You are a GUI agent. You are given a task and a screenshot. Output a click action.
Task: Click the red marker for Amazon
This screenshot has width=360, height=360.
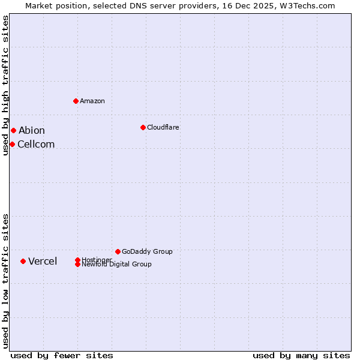pyautogui.click(x=76, y=101)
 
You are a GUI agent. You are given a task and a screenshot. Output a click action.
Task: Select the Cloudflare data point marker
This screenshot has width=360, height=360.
pyautogui.click(x=143, y=127)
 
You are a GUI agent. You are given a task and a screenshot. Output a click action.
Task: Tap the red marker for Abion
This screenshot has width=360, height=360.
pyautogui.click(x=13, y=130)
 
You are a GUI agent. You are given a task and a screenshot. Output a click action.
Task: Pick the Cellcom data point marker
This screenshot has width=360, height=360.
pyautogui.click(x=12, y=144)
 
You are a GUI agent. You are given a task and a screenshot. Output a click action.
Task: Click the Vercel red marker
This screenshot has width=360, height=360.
pyautogui.click(x=23, y=261)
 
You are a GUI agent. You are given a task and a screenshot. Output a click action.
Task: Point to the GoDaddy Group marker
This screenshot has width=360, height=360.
pyautogui.click(x=118, y=251)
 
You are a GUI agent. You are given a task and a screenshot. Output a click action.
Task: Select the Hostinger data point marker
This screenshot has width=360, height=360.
pyautogui.click(x=77, y=260)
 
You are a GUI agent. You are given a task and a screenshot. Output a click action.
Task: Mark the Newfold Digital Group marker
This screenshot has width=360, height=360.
pyautogui.click(x=77, y=264)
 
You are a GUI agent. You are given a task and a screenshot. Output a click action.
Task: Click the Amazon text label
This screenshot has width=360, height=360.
pyautogui.click(x=92, y=101)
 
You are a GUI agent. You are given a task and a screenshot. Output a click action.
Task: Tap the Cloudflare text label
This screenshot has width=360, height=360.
pyautogui.click(x=163, y=127)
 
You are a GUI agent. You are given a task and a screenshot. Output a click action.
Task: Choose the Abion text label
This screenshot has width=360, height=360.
pyautogui.click(x=32, y=130)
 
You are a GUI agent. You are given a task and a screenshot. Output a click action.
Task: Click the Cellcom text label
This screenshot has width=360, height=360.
pyautogui.click(x=36, y=144)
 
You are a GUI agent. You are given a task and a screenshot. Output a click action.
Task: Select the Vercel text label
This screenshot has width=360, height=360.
pyautogui.click(x=43, y=261)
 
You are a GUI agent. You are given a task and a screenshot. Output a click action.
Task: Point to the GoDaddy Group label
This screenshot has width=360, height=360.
pyautogui.click(x=147, y=251)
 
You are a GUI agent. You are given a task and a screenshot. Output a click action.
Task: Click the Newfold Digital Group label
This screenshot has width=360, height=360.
pyautogui.click(x=117, y=265)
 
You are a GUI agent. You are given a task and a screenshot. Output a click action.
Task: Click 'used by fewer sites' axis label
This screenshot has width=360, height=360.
pyautogui.click(x=62, y=355)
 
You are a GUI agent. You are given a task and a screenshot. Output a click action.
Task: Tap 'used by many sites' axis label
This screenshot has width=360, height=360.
pyautogui.click(x=301, y=355)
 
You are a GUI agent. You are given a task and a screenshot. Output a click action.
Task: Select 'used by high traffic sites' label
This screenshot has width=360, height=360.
pyautogui.click(x=5, y=85)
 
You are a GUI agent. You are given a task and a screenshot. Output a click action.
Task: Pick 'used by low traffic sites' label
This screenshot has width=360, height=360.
pyautogui.click(x=5, y=280)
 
